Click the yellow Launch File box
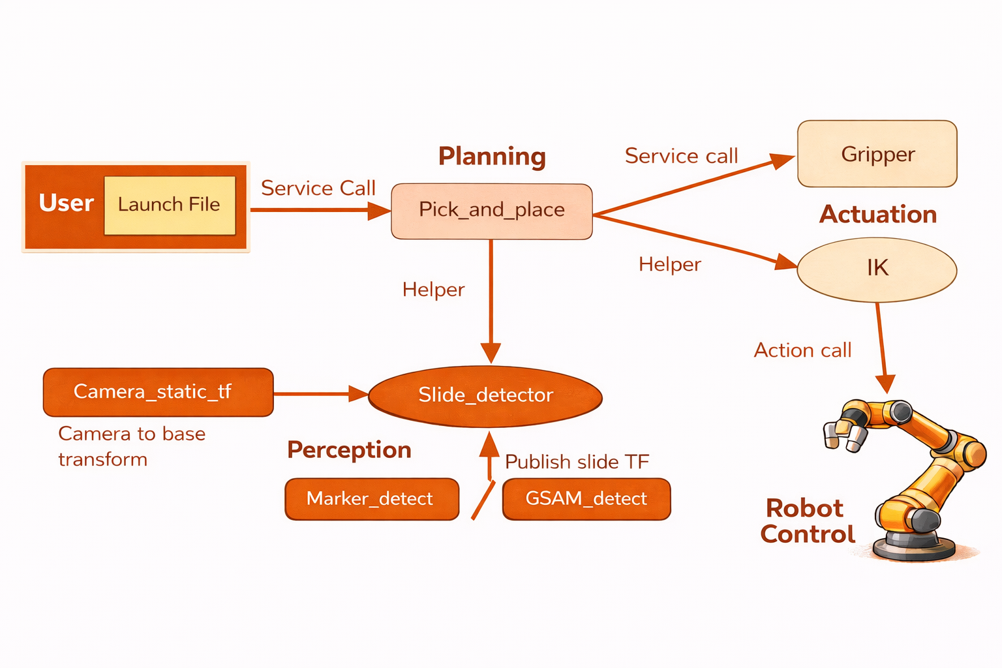[170, 205]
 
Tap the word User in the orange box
[66, 203]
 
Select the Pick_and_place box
[491, 211]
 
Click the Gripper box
[877, 154]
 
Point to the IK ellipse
[877, 269]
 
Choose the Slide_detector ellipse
[485, 396]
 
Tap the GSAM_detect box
[586, 499]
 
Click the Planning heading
[492, 157]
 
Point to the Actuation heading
[877, 215]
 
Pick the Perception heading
[349, 450]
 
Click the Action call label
[802, 350]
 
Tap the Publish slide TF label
[577, 462]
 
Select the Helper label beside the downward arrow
[433, 290]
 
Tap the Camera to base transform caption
[132, 446]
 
